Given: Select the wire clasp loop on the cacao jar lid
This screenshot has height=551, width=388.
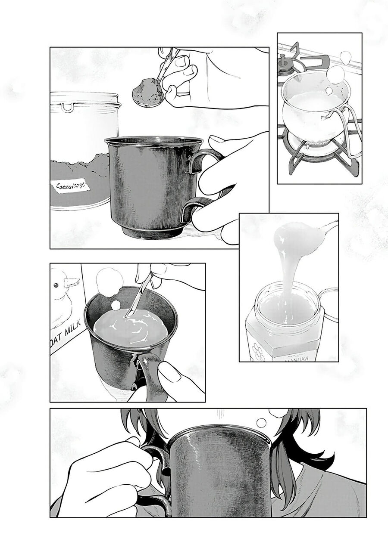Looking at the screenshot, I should click(x=67, y=107).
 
